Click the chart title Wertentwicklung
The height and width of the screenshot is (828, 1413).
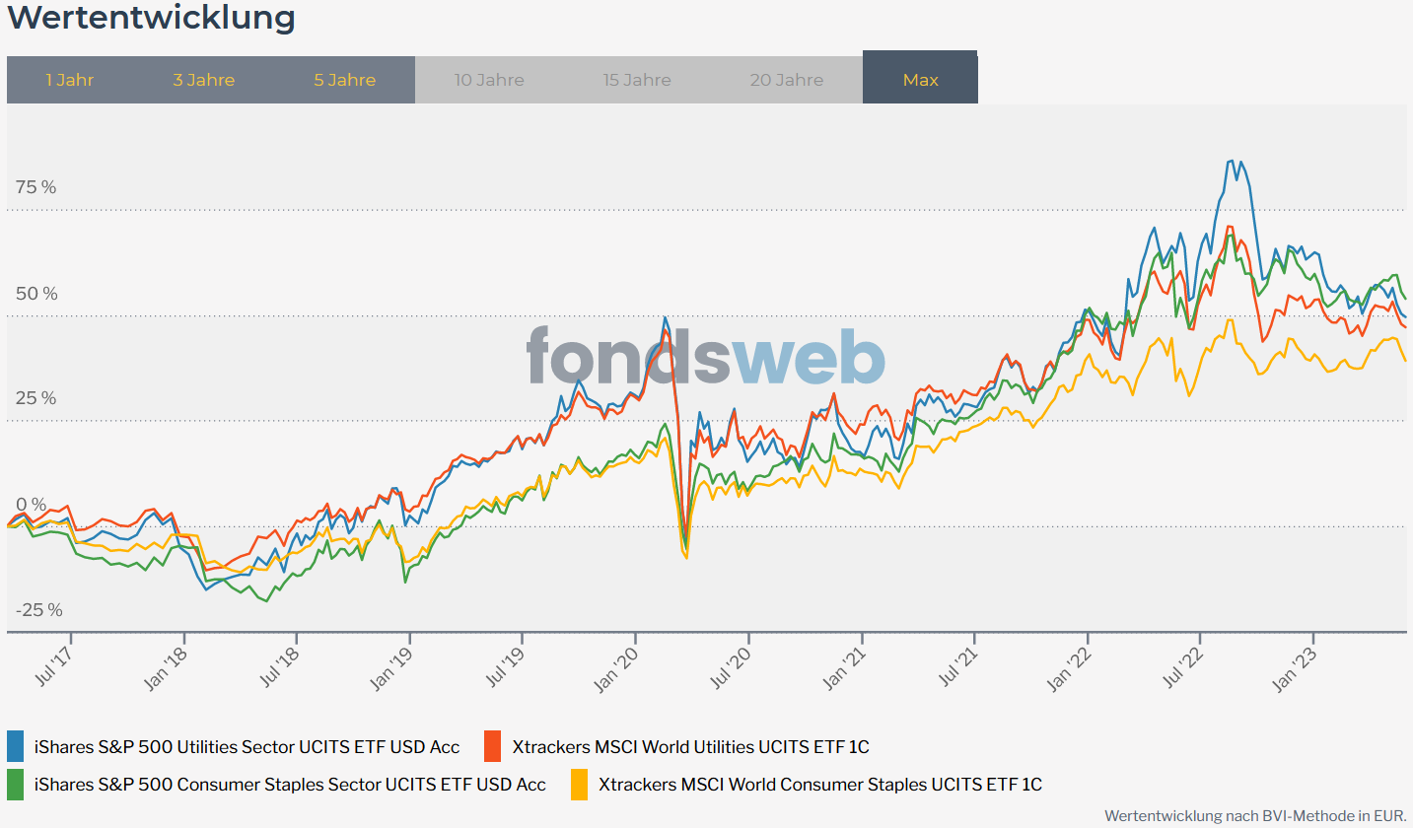tap(151, 18)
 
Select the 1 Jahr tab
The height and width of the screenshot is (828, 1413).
tap(70, 80)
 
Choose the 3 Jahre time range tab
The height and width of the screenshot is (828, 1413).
tap(204, 80)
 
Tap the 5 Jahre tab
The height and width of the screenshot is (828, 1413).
tap(345, 80)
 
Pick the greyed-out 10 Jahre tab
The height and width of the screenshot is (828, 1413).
tap(489, 80)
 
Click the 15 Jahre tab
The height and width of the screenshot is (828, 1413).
tap(637, 80)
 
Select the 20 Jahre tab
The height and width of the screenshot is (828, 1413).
tap(787, 80)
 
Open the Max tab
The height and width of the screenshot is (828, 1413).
tap(920, 80)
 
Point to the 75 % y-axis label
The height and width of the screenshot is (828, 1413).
tap(35, 187)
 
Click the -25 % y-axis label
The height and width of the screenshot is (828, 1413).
tap(38, 610)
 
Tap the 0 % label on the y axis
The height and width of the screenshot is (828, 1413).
tap(31, 505)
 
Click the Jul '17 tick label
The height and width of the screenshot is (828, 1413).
tap(55, 665)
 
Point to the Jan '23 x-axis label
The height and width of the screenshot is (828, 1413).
tap(1300, 667)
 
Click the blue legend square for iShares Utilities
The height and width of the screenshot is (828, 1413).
tap(16, 746)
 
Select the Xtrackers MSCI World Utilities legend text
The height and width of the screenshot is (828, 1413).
tap(690, 747)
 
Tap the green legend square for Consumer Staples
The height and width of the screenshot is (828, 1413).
tap(16, 785)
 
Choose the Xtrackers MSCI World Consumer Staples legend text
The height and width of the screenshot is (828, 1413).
tap(819, 785)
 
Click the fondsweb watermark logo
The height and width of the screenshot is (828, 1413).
tap(705, 356)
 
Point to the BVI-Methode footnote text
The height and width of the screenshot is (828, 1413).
tap(1254, 816)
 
